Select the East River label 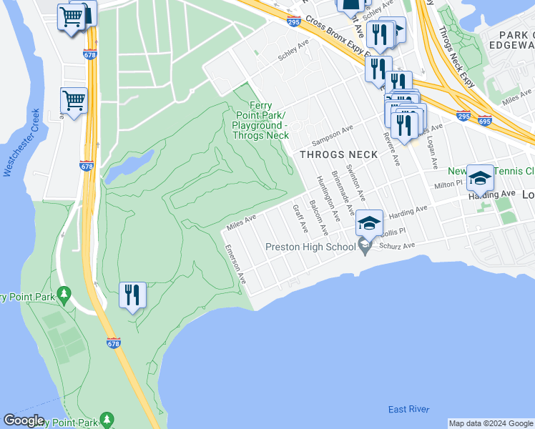[x=408, y=409]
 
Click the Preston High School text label [x=310, y=247]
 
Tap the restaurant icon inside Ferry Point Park [x=132, y=295]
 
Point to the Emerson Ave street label [x=236, y=265]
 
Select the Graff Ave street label [x=300, y=220]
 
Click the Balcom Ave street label [x=318, y=218]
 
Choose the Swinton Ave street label [x=356, y=183]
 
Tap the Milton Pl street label [x=450, y=184]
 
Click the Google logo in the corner [x=24, y=420]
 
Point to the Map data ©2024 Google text [x=491, y=423]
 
